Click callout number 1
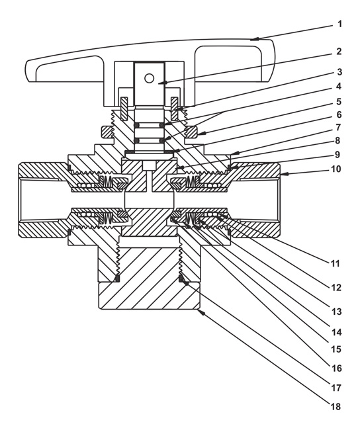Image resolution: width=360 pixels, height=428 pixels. coord(339,24)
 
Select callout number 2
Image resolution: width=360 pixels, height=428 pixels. coord(339,52)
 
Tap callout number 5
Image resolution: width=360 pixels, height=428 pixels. coord(339,101)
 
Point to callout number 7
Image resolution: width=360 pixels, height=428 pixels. coord(338,127)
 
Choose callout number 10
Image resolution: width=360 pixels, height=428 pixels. coord(336,169)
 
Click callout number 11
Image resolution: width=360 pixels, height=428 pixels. coord(335,263)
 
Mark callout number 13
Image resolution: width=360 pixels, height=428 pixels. coord(336,312)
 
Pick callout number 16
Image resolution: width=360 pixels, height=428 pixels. coord(337,368)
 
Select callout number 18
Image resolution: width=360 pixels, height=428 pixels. coord(336,407)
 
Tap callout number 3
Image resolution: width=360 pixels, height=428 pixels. coord(339,72)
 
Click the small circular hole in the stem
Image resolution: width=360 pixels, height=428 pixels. coord(149,79)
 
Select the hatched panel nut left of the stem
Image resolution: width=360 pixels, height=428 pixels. coord(107,132)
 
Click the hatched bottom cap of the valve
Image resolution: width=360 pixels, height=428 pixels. coord(149,284)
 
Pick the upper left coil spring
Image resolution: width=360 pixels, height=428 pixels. coord(107,180)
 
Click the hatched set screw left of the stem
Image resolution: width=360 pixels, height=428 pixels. coord(124,108)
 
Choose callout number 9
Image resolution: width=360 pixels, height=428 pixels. coord(337,155)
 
